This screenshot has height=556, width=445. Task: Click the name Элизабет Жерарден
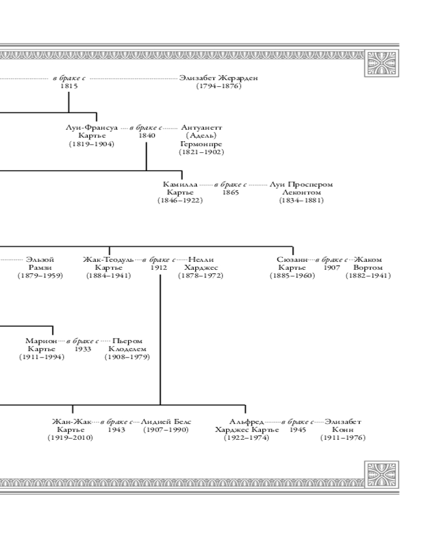click(x=219, y=78)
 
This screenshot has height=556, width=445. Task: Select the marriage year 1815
click(x=69, y=86)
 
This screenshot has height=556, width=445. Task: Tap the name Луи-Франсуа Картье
click(x=92, y=131)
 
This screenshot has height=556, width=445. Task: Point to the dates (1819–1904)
click(x=92, y=144)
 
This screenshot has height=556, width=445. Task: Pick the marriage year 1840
click(x=147, y=136)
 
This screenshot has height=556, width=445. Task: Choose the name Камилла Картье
click(x=180, y=188)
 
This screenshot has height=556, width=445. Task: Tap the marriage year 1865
click(x=231, y=192)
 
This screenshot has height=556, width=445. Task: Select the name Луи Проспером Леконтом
click(x=301, y=188)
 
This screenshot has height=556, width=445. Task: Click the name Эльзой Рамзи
click(x=40, y=264)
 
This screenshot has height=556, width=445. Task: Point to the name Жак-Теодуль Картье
click(x=108, y=264)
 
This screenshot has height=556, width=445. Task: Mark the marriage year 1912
click(x=159, y=267)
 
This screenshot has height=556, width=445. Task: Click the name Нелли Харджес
click(x=201, y=264)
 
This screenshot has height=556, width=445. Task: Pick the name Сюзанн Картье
click(x=292, y=264)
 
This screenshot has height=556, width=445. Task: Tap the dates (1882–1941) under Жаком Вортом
click(x=368, y=276)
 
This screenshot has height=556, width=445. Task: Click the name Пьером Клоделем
click(x=127, y=345)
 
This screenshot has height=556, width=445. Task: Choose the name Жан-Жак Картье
click(x=71, y=425)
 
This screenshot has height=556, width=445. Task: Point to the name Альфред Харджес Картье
click(x=246, y=425)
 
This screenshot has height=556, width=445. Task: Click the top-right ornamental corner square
click(x=382, y=62)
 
